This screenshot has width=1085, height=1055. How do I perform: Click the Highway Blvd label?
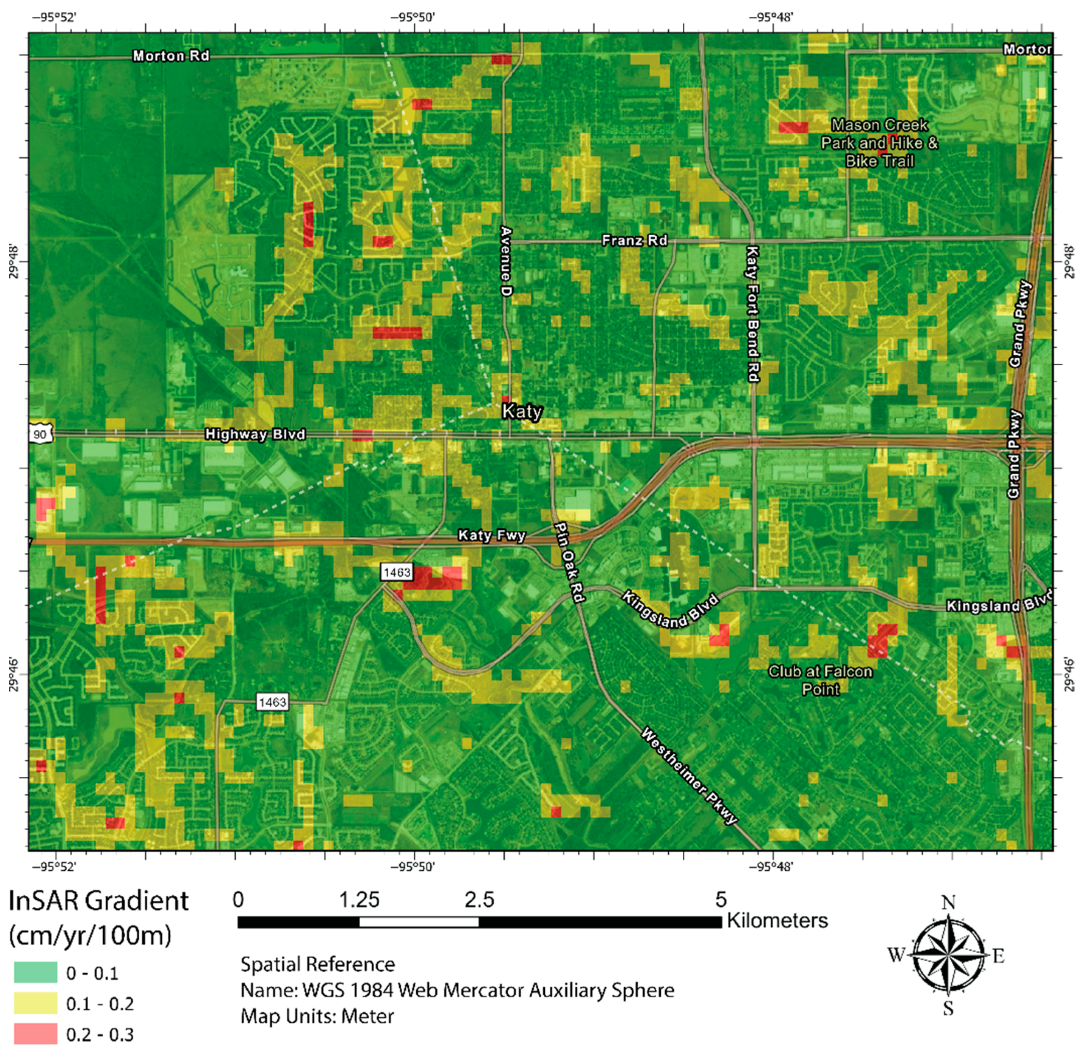click(x=255, y=434)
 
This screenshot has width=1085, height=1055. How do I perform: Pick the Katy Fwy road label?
click(x=491, y=536)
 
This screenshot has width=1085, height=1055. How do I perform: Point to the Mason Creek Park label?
click(x=879, y=143)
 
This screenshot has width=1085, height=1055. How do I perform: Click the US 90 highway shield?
click(x=40, y=434)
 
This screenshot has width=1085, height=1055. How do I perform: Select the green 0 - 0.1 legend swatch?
click(x=35, y=972)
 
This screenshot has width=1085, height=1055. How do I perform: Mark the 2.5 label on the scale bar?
click(x=479, y=899)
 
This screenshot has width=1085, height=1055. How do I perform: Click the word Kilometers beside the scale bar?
click(x=777, y=921)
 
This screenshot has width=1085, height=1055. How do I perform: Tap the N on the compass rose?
click(x=948, y=902)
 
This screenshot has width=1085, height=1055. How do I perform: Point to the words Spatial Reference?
click(x=318, y=964)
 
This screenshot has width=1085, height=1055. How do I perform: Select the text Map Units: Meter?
click(x=317, y=1016)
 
